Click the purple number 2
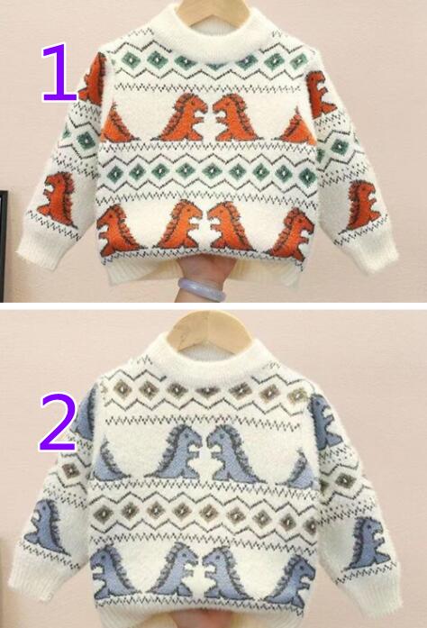click(58, 423)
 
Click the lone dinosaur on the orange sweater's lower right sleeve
click(362, 205)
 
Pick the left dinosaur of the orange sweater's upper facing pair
click(185, 117)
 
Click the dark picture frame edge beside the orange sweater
click(4, 245)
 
